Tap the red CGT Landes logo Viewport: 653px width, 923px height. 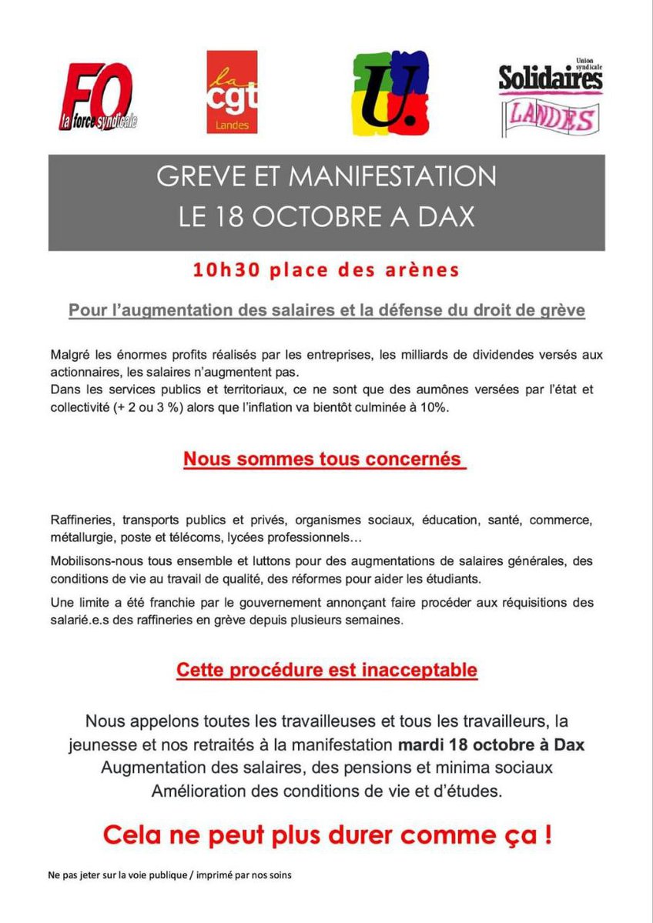(x=232, y=92)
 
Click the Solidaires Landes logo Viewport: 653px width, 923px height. (x=550, y=96)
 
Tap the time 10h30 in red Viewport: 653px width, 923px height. (x=222, y=270)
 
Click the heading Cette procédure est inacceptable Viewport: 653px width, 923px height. (x=326, y=670)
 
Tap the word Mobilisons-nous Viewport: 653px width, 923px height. (x=95, y=559)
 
